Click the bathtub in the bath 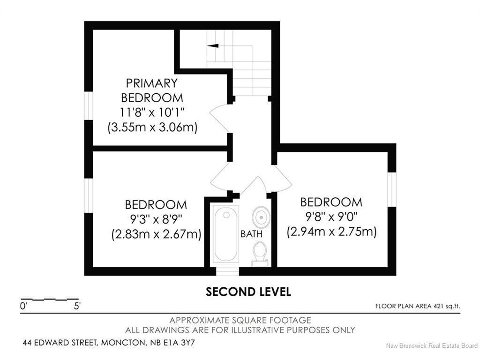[226, 233]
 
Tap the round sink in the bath [261, 217]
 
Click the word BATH [251, 234]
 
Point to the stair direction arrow [213, 46]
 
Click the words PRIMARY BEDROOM [152, 90]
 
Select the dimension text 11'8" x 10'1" [152, 112]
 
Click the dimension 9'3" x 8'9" [156, 219]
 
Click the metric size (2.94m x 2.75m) [331, 232]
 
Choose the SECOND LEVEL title [248, 292]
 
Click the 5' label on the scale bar [77, 306]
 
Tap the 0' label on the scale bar [23, 306]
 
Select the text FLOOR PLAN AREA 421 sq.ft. [418, 306]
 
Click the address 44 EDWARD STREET [60, 343]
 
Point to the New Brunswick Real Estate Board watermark [432, 346]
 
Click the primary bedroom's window [89, 105]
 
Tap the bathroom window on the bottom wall [227, 271]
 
